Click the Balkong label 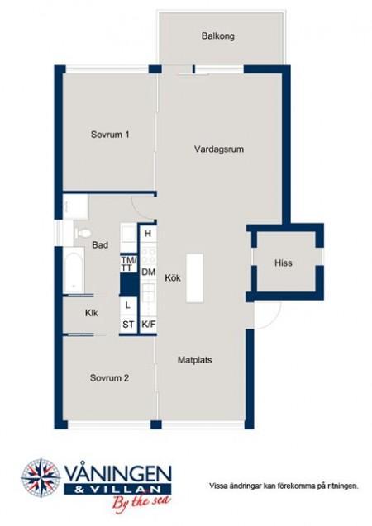coord(218,36)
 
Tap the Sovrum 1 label coord(110,135)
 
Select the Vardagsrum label coord(219,149)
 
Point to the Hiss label coord(284,263)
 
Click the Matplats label coord(195,360)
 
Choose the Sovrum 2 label coord(109,378)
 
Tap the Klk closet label coord(91,313)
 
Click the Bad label coord(100,245)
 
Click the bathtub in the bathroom coord(74,271)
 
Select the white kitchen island coord(195,278)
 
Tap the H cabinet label coord(148,234)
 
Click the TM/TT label coord(129,264)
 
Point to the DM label coord(149,272)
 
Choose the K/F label coord(149,325)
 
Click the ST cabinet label coord(128,325)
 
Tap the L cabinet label coord(127,306)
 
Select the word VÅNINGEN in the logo coord(118,474)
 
